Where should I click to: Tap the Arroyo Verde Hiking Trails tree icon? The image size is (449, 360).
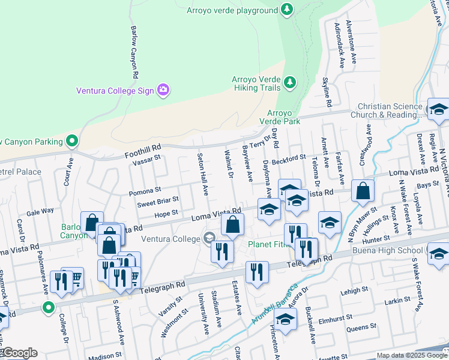pyautogui.click(x=291, y=82)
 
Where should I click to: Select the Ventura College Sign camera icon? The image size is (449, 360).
pyautogui.click(x=162, y=91)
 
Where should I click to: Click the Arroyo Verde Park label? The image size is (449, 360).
pyautogui.click(x=283, y=117)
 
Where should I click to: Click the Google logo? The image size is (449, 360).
pyautogui.click(x=19, y=353)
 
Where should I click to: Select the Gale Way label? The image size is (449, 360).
pyautogui.click(x=40, y=211)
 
